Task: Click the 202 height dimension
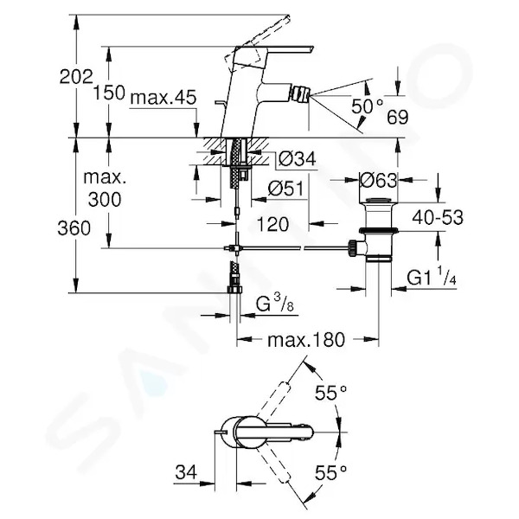point(76,77)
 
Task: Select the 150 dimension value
point(109,93)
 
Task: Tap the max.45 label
point(163,98)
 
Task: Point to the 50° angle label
point(367,106)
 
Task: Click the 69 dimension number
point(398,117)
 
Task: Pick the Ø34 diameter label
point(298,159)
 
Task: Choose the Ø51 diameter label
point(285,189)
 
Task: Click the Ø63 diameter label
point(378,181)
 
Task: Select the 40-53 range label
point(438,217)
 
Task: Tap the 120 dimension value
point(272,224)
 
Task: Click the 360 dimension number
point(74,228)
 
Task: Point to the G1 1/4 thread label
point(432,277)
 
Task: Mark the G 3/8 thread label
point(275,304)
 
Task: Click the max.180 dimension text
point(306,340)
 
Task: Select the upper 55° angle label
point(331,393)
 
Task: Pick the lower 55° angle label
point(331,472)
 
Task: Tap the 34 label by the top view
point(186,471)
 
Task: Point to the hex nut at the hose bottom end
point(234,290)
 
